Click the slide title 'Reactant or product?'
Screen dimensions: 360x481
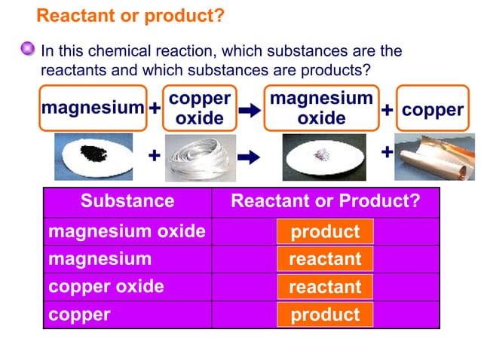pos(130,16)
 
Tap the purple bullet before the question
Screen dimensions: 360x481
pos(28,50)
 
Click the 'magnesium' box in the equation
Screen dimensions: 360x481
pos(93,108)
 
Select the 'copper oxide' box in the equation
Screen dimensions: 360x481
pos(199,108)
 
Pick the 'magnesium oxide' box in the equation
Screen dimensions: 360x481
pos(321,108)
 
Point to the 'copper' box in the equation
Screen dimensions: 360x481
pos(432,110)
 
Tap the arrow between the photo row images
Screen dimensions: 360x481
pos(248,157)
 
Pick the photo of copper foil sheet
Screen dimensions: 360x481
pos(432,157)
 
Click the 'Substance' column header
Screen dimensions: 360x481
pos(127,201)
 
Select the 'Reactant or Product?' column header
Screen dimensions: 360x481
pos(325,201)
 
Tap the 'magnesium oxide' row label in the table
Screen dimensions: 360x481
pos(127,231)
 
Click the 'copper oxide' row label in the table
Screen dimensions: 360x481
pos(106,287)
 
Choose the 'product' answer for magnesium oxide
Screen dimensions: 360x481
pos(325,232)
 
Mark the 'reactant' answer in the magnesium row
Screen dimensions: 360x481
pos(325,260)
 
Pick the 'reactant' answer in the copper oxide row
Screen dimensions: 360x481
pos(325,287)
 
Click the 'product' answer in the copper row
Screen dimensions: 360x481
pos(325,315)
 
